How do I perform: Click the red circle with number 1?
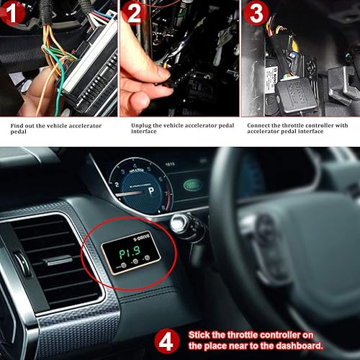14,14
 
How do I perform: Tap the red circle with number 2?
134,14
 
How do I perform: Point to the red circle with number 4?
166,341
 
